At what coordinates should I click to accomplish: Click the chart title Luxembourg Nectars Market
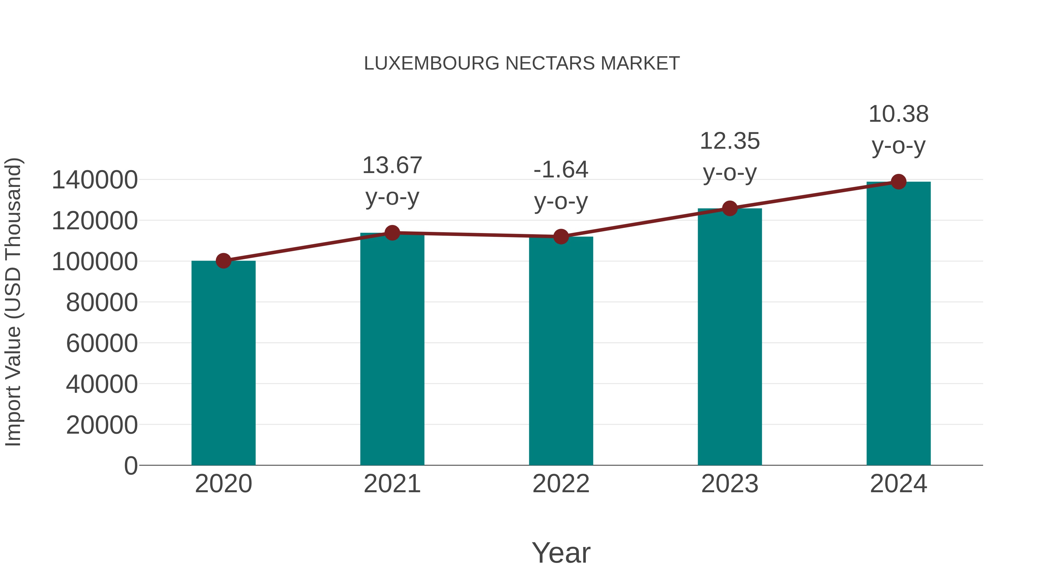click(x=522, y=63)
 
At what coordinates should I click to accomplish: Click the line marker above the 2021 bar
click(x=392, y=233)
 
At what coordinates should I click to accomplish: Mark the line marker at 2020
click(x=223, y=261)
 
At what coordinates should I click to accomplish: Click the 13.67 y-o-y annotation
click(x=392, y=181)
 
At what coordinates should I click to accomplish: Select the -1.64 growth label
click(x=561, y=185)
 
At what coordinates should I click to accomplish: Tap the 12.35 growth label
click(x=730, y=157)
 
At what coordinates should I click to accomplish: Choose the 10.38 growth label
click(x=898, y=130)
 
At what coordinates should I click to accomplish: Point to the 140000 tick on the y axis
click(x=95, y=180)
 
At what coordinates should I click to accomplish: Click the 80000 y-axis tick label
click(x=102, y=302)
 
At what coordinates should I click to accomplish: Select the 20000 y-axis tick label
click(x=102, y=425)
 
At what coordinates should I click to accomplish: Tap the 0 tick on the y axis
click(x=130, y=466)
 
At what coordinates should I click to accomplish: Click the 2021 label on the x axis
click(x=392, y=484)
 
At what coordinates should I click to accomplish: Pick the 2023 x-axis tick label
click(x=730, y=484)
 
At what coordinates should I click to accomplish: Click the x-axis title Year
click(x=561, y=553)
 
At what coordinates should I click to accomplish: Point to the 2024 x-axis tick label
click(x=898, y=484)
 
